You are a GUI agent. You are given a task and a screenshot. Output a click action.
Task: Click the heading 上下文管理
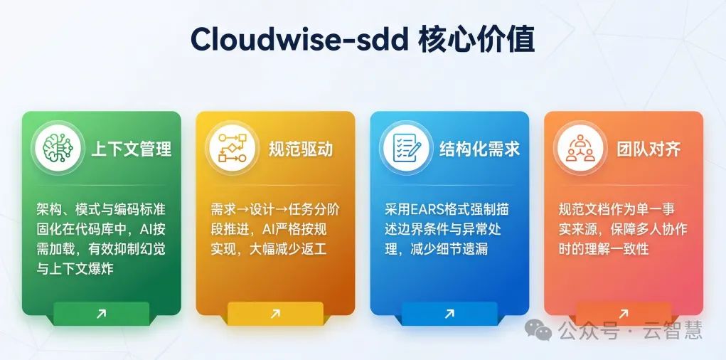click(131, 149)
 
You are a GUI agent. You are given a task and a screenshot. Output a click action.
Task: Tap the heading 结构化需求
click(479, 149)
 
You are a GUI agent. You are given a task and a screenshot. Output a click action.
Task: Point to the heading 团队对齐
click(648, 149)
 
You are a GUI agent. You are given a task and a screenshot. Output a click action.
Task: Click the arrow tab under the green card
click(101, 313)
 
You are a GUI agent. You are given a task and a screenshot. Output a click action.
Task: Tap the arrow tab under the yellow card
click(275, 313)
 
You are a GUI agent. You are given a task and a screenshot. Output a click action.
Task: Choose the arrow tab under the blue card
click(449, 313)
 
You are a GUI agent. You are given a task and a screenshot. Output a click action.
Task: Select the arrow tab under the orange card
click(623, 313)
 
